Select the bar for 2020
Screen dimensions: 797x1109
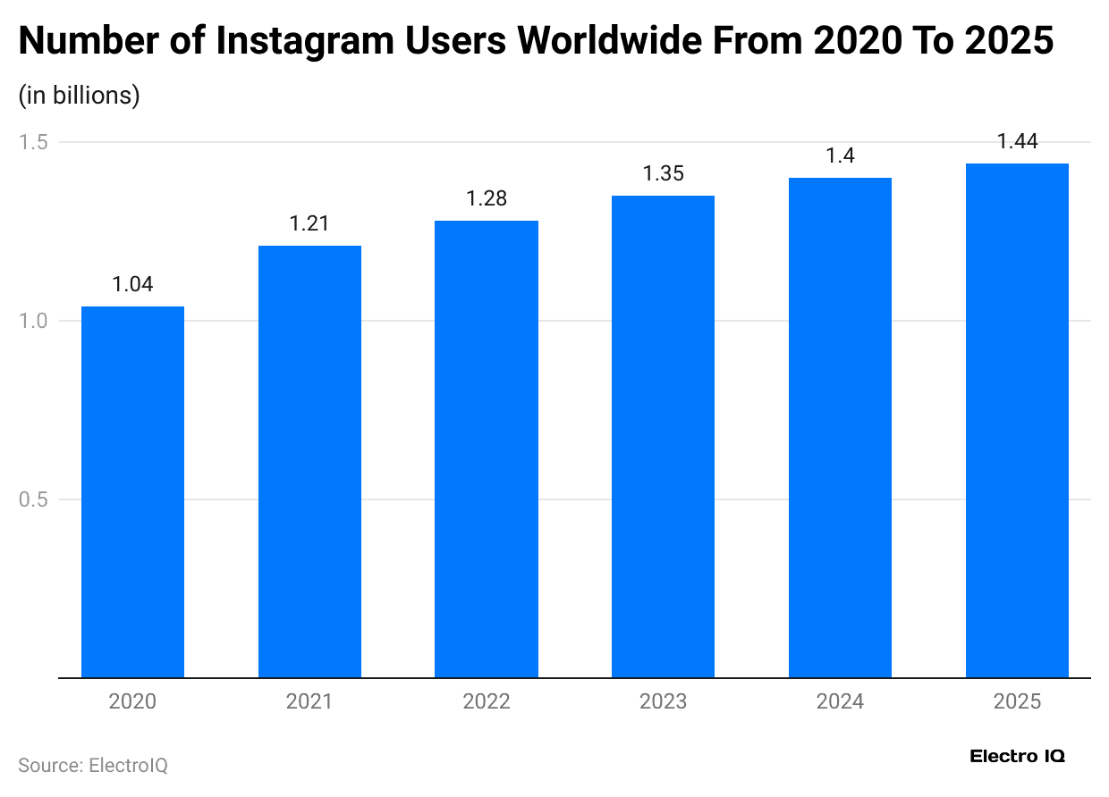tap(132, 491)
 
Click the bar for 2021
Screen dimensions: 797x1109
tap(309, 461)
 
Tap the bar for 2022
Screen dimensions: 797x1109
tap(487, 449)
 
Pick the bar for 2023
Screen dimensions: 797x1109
tap(663, 436)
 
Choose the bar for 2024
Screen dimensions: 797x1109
tap(840, 427)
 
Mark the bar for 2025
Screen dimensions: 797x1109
tap(1017, 420)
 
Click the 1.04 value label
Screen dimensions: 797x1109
tap(132, 284)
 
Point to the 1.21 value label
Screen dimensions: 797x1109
tap(309, 223)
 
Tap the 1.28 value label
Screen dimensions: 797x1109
tap(487, 198)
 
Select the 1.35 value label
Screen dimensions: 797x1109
tap(663, 173)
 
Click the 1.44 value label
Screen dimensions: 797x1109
tap(1017, 141)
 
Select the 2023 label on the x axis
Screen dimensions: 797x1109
tap(663, 701)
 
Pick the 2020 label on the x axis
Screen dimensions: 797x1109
tap(132, 701)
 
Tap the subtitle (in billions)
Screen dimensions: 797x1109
tap(79, 96)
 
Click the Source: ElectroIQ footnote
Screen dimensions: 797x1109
tap(93, 766)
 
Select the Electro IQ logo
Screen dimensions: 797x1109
tap(1017, 756)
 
